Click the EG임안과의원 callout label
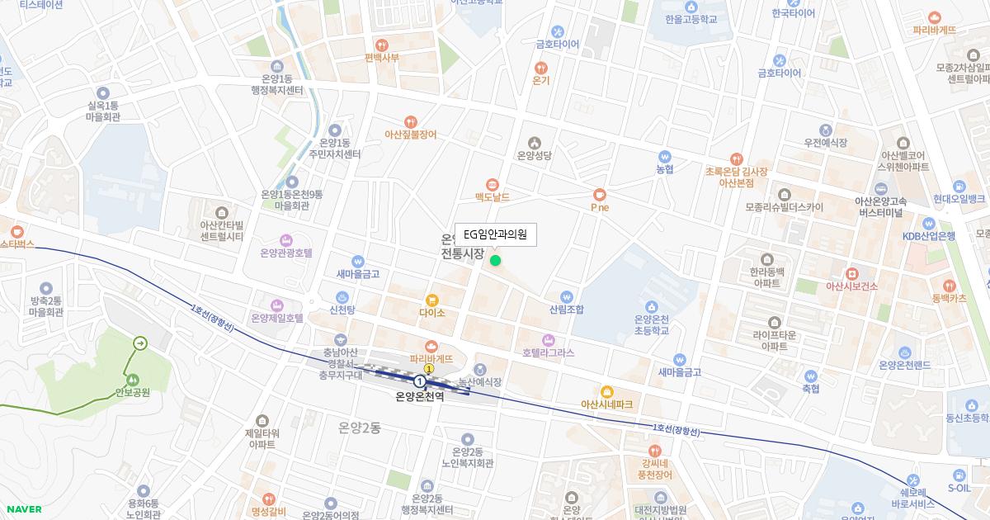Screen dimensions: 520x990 point(495,234)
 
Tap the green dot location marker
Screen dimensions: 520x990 point(495,261)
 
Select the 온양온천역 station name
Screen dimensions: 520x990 point(419,396)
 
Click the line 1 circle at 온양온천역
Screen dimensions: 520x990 point(420,381)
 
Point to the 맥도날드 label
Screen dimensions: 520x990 point(492,197)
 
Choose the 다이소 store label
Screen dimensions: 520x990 point(431,313)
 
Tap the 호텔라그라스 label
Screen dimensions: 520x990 point(548,352)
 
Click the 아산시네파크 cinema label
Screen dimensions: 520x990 point(606,404)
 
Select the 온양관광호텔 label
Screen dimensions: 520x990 point(286,253)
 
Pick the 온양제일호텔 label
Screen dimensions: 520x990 point(277,317)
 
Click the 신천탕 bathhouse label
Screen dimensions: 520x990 point(342,310)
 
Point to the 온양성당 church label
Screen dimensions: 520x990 point(533,155)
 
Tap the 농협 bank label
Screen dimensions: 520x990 point(664,168)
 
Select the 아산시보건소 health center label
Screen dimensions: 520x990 point(851,286)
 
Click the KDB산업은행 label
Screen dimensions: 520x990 point(928,236)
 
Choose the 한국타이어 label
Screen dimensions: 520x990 point(793,13)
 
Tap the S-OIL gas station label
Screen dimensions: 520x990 point(959,487)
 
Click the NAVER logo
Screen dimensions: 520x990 point(22,509)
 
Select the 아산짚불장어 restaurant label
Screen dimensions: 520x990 point(410,134)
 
